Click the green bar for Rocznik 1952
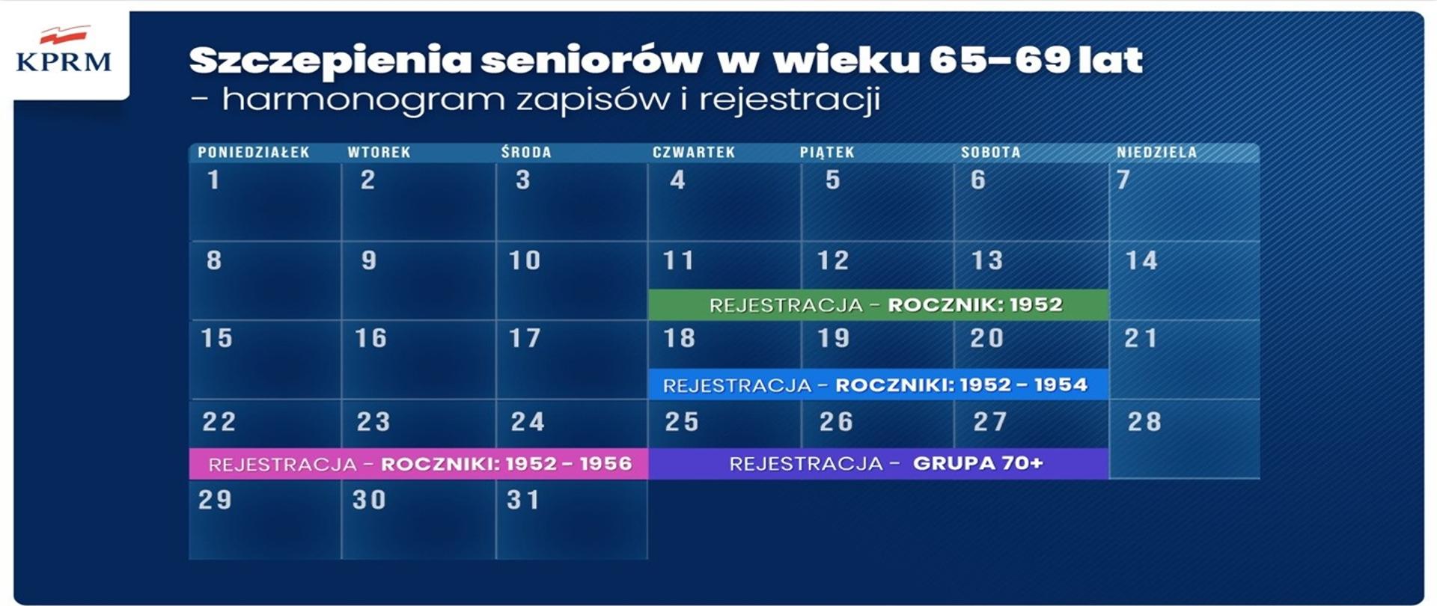pos(878,304)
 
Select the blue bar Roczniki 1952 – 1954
pos(878,385)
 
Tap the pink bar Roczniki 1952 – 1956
pos(418,464)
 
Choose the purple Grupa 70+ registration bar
pos(878,464)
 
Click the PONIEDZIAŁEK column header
pos(254,153)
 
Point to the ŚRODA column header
pos(526,153)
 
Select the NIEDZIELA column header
pos(1156,153)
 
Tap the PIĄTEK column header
pos(827,153)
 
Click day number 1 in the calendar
pos(214,180)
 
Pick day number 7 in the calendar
pos(1123,180)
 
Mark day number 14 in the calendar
pos(1141,260)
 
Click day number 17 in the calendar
pos(525,338)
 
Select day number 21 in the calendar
pos(1141,338)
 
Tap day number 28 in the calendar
pos(1144,422)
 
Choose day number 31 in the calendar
pos(523,500)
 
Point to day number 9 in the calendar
pos(369,260)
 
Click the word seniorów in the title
pos(591,61)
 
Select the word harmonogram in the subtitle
pos(363,100)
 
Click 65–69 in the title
pos(999,61)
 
